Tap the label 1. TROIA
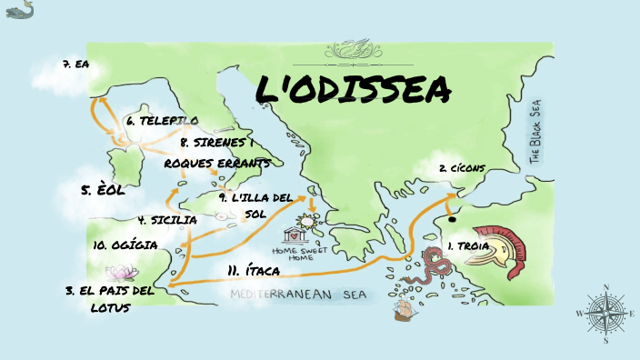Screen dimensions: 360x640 tap(468, 245)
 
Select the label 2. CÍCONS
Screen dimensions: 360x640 tap(462, 168)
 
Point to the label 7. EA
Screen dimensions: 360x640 tap(75, 64)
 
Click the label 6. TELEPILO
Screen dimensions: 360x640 tap(162, 120)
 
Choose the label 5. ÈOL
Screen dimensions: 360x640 tap(103, 191)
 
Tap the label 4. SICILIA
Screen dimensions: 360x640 tap(167, 219)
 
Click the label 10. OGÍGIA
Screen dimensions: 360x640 tap(125, 245)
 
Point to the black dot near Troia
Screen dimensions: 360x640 tap(450, 218)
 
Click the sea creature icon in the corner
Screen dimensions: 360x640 tap(19, 11)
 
